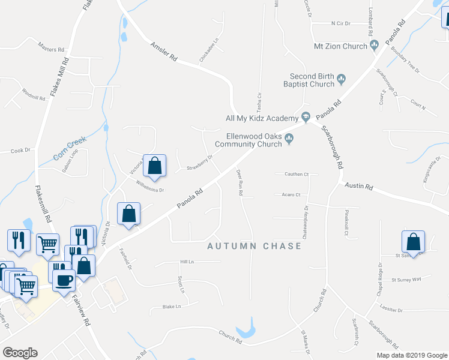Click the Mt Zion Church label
point(340,46)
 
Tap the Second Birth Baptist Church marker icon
point(342,78)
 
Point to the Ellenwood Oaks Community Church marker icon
point(289,139)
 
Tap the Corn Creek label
point(70,148)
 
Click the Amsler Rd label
point(164,52)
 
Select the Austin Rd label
point(359,187)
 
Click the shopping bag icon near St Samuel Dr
point(414,241)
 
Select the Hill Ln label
point(187,262)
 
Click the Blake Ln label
point(171,306)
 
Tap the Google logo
point(20,353)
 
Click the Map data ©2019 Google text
point(411,355)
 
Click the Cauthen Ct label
point(296,174)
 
